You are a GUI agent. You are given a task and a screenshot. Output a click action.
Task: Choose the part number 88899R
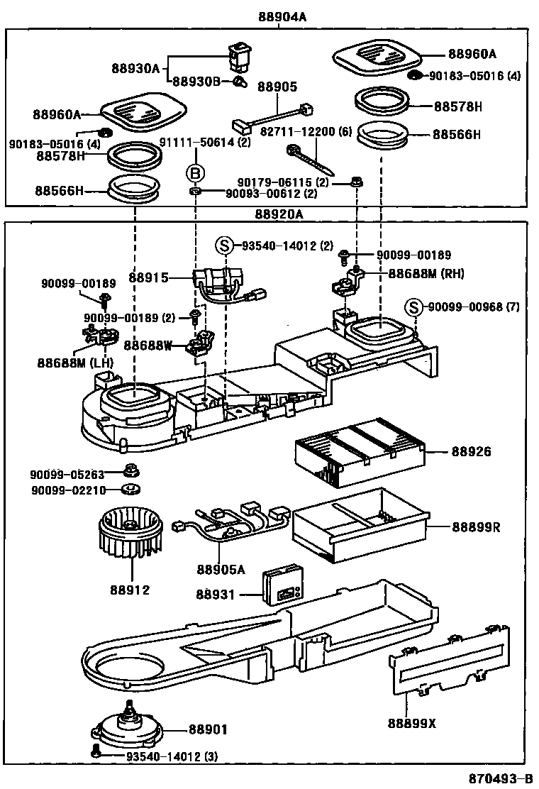point(477,527)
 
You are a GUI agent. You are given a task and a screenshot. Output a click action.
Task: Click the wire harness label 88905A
point(221,569)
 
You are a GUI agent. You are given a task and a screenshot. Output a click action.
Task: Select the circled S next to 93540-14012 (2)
point(224,246)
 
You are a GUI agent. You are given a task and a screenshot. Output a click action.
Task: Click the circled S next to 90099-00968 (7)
point(414,307)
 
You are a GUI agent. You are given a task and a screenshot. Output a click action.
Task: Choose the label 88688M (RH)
point(425,273)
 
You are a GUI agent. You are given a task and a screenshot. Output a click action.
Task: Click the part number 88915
point(149,277)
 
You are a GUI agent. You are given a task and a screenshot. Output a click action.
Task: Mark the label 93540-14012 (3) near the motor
point(172,757)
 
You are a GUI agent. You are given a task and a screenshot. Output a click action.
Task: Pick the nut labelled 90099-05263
point(130,469)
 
